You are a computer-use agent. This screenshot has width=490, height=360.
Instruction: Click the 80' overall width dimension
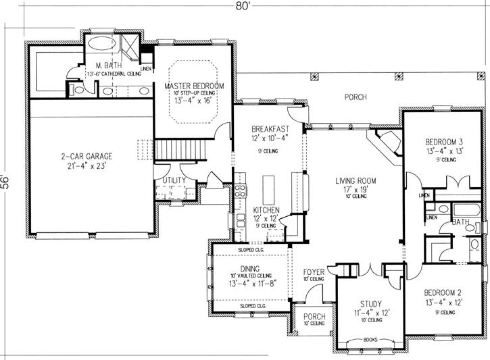point(244,6)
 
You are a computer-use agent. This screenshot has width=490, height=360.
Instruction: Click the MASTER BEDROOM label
point(194,86)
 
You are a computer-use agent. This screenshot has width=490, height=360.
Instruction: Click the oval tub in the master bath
point(102,46)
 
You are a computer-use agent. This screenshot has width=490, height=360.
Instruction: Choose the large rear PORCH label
point(355,97)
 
